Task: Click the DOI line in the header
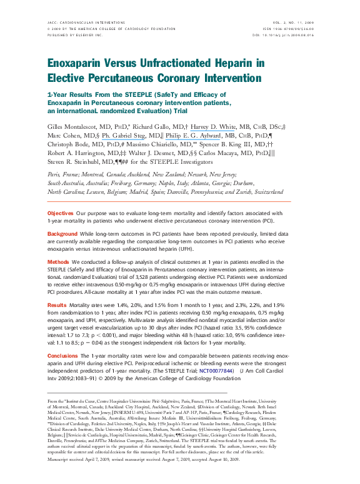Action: [288, 34]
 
